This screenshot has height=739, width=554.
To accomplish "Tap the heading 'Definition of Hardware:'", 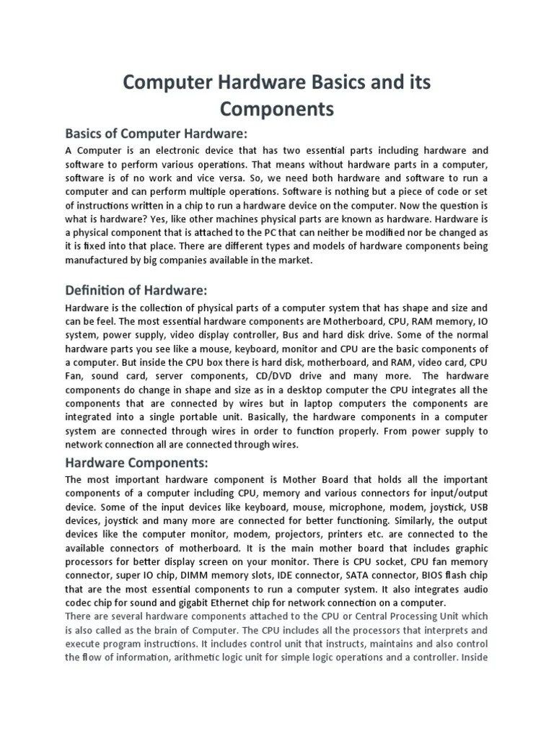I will click(136, 290).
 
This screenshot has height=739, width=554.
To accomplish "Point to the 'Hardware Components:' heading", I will click(137, 462).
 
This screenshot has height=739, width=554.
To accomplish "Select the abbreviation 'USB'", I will click(478, 507).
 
